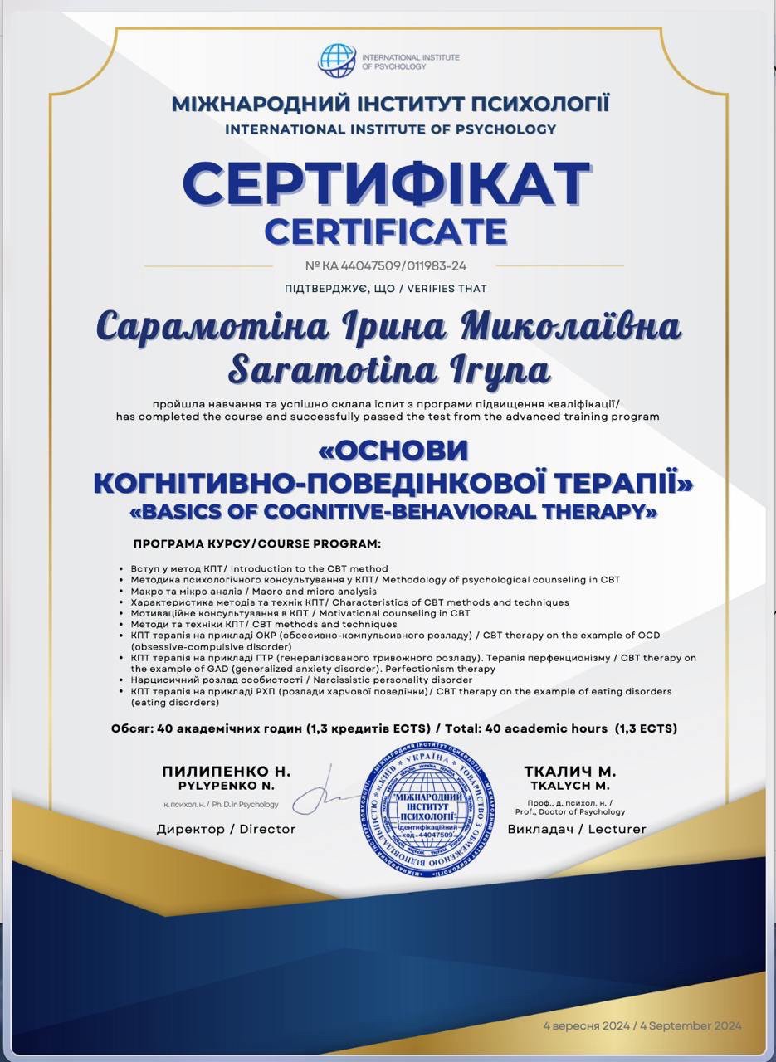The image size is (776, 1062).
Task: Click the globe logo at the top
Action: [x=337, y=60]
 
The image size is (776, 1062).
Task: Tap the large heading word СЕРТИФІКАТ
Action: [x=387, y=184]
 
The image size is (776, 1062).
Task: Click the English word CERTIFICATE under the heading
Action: [x=386, y=231]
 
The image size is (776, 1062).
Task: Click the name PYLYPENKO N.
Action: [x=226, y=785]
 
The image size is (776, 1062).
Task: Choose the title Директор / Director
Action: [x=226, y=829]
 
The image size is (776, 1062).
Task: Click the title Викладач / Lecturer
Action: [x=576, y=829]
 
